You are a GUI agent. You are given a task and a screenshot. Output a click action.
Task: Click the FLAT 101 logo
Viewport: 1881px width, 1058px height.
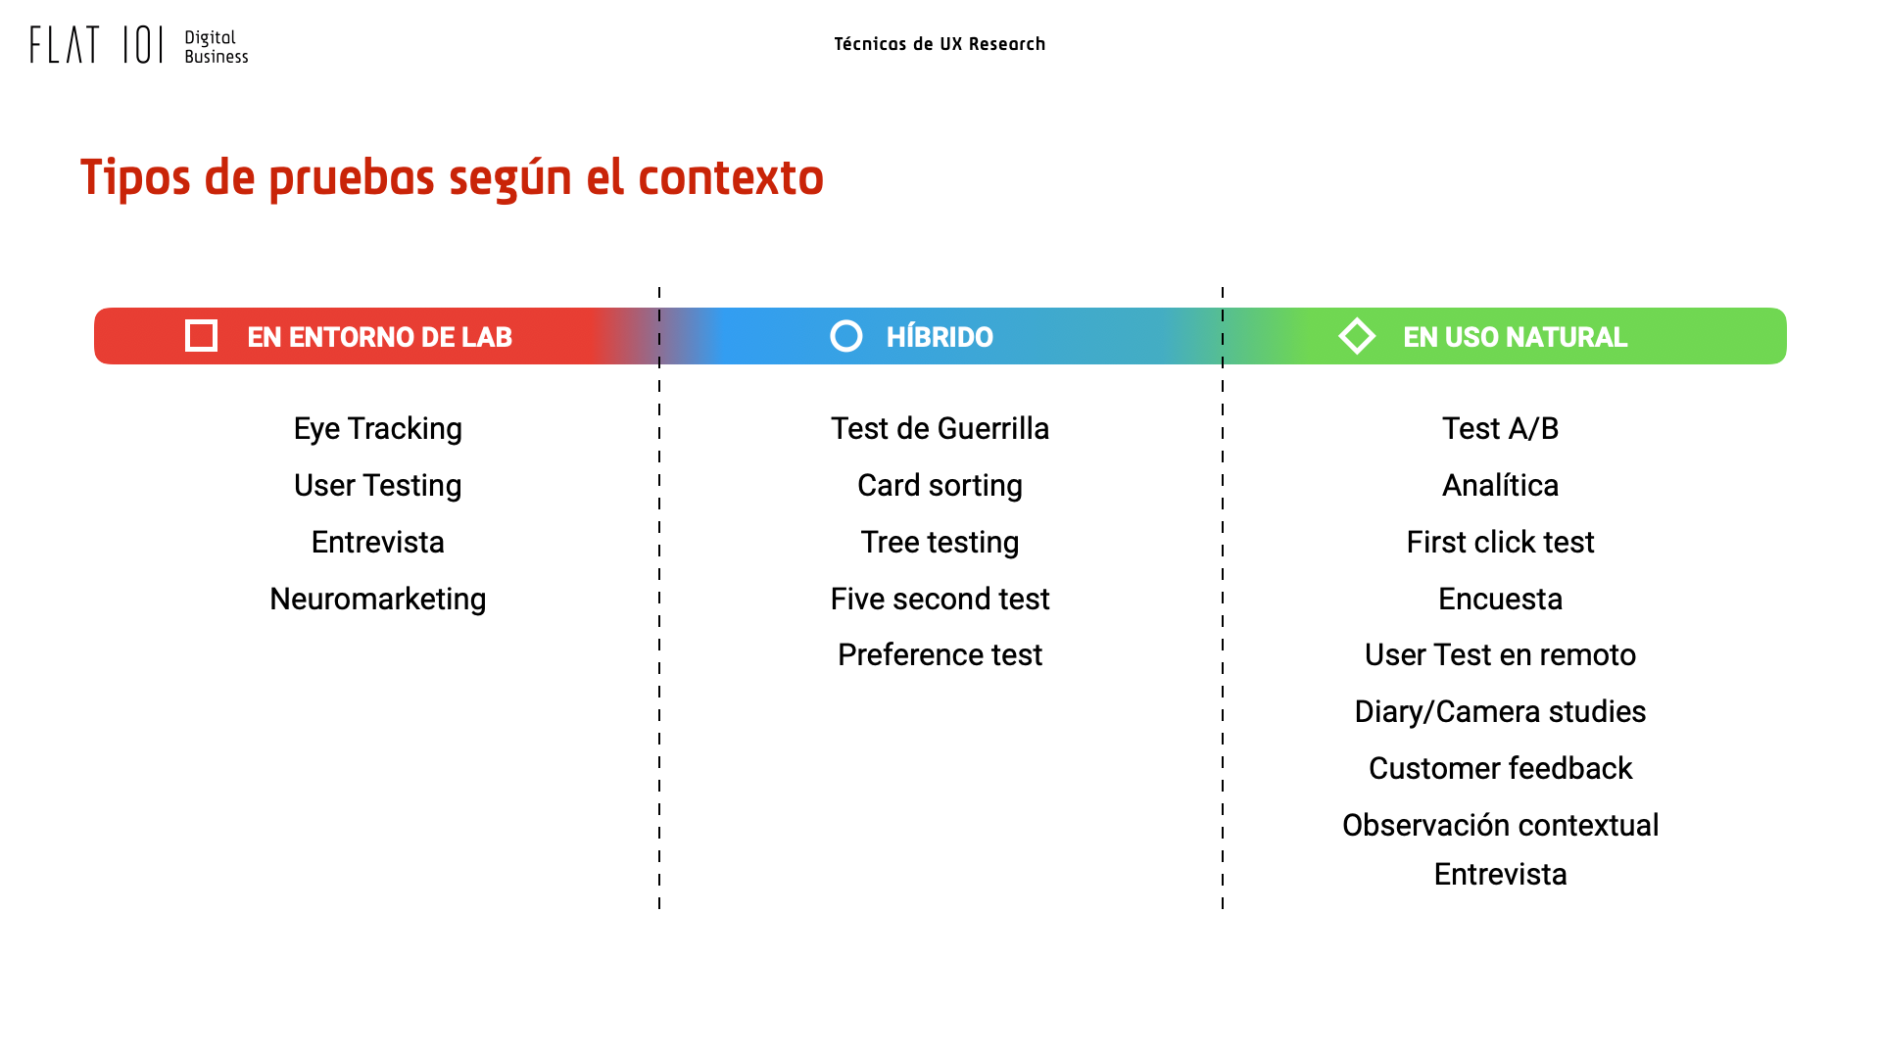tap(139, 45)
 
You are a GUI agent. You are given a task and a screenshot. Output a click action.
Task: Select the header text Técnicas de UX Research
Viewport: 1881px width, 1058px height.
tap(940, 44)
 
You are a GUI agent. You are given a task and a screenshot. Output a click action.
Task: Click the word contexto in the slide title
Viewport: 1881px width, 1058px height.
tap(731, 177)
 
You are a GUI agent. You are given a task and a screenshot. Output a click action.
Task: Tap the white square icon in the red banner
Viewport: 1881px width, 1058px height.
tap(201, 336)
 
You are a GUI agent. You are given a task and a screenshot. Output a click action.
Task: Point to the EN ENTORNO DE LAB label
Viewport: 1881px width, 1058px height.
tap(379, 337)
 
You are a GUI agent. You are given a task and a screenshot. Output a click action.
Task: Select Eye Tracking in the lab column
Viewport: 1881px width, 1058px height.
tap(378, 429)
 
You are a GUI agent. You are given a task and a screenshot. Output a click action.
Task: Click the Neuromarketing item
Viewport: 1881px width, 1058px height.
tap(378, 599)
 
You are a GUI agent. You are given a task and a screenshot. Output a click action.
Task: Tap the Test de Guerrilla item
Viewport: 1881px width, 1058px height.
tap(940, 428)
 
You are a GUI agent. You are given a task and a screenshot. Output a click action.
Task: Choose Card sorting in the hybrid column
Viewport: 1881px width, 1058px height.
tap(940, 486)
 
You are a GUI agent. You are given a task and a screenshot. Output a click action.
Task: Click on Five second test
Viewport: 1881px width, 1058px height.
tap(940, 599)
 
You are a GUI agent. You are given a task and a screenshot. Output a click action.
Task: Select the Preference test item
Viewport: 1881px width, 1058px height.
tap(940, 654)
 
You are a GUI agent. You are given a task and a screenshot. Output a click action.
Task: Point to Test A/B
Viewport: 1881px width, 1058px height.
tap(1500, 428)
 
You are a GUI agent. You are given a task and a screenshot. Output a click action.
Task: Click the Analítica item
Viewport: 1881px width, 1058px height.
tap(1500, 485)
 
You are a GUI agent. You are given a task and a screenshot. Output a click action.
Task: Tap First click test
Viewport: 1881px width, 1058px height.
tap(1500, 542)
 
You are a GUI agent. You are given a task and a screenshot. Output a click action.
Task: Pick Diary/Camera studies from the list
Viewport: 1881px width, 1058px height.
tap(1500, 711)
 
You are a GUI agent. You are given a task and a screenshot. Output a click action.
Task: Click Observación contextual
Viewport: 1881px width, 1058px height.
tap(1500, 825)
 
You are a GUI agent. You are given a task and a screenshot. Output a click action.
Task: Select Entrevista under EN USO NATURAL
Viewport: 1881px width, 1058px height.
tap(1500, 874)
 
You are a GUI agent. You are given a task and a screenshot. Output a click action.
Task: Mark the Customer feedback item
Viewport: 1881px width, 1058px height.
tap(1500, 768)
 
